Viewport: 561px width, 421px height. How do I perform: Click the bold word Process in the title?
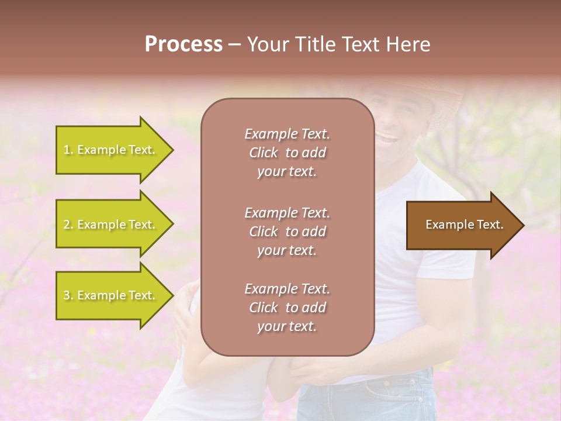tap(183, 44)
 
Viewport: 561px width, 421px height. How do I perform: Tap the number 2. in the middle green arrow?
tap(68, 225)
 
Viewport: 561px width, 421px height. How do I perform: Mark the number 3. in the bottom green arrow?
tap(68, 296)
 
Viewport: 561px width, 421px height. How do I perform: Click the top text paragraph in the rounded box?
tap(287, 153)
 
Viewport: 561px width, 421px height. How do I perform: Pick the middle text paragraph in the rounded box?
tap(287, 232)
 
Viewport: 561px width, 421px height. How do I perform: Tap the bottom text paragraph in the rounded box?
tap(287, 308)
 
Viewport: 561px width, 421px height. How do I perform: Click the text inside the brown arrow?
tap(465, 225)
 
